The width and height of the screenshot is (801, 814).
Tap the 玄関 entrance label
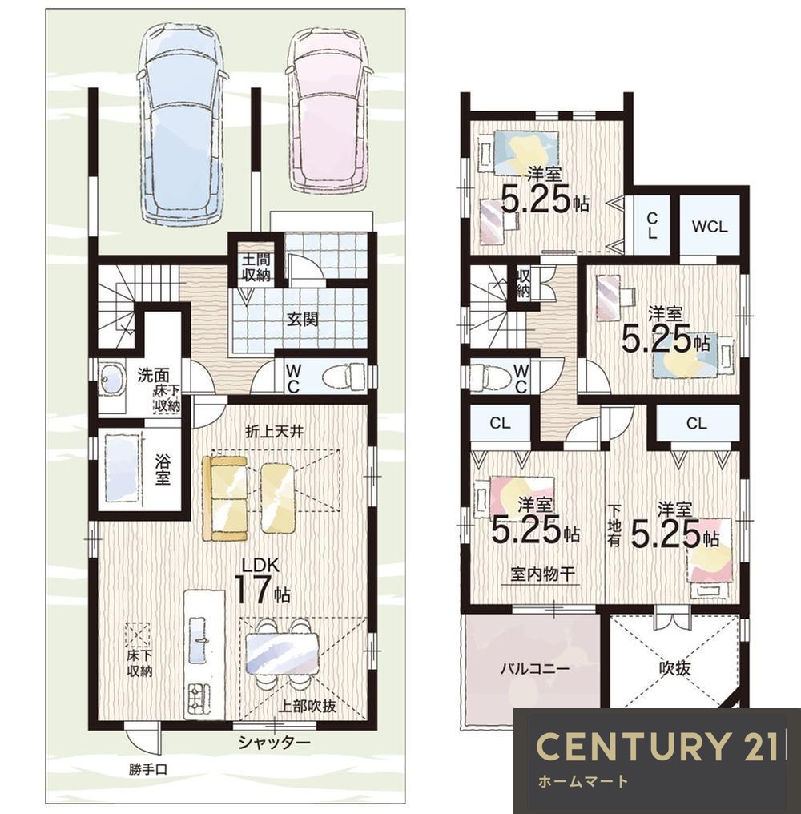tap(303, 319)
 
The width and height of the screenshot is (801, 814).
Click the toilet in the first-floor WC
tap(344, 375)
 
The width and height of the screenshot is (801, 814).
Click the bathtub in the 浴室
tap(123, 469)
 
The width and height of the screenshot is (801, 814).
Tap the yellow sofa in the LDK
tap(225, 498)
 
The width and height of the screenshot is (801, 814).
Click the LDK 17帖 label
tap(264, 582)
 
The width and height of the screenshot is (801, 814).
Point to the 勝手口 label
tap(148, 769)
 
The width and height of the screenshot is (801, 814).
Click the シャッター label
tap(274, 743)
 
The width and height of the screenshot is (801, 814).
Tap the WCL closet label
tap(710, 227)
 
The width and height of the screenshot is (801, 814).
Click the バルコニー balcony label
tap(535, 668)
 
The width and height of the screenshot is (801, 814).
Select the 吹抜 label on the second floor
tap(675, 668)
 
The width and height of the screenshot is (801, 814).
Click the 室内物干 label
tap(542, 574)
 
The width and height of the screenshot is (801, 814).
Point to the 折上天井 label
tap(274, 431)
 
